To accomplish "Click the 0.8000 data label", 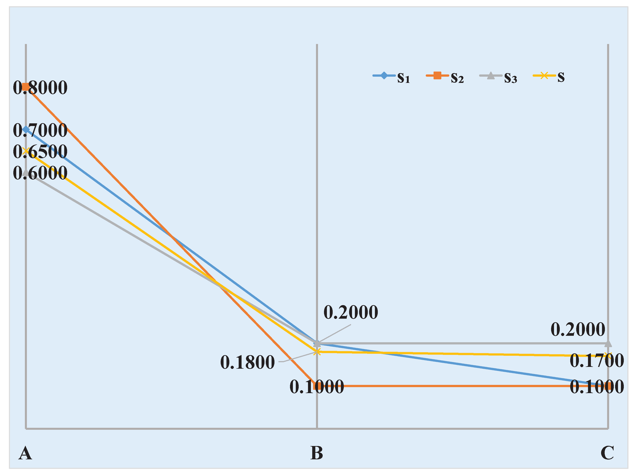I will click(40, 88).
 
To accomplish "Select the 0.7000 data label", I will click(40, 130).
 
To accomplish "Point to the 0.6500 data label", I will click(40, 152).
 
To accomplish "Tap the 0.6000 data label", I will click(40, 173).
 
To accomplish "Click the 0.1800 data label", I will click(247, 362).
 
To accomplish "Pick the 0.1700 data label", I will click(597, 360).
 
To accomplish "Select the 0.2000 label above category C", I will click(578, 329).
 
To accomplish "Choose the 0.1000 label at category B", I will click(317, 387).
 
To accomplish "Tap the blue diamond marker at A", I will click(26, 130).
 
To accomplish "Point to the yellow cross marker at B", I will click(317, 352).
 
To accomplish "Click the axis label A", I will click(25, 453).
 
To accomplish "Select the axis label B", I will click(317, 453).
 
